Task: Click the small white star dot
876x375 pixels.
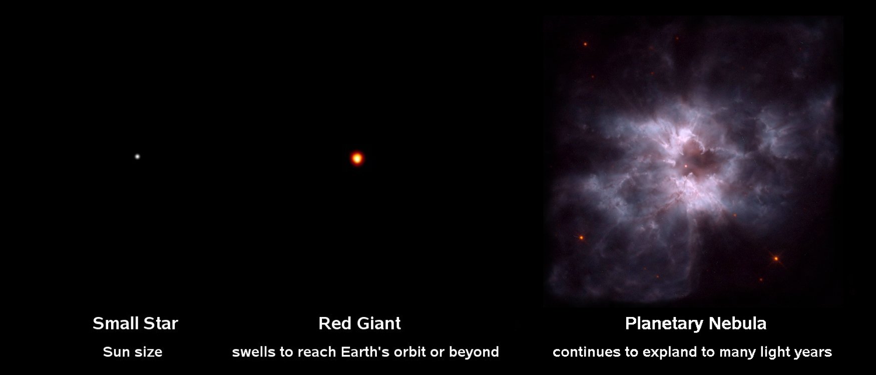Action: pyautogui.click(x=137, y=156)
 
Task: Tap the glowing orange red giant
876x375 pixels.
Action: pyautogui.click(x=357, y=158)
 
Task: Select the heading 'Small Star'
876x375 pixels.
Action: pyautogui.click(x=135, y=323)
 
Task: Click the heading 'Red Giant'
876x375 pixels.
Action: pyautogui.click(x=359, y=323)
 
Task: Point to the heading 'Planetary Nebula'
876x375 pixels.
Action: pyautogui.click(x=696, y=323)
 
